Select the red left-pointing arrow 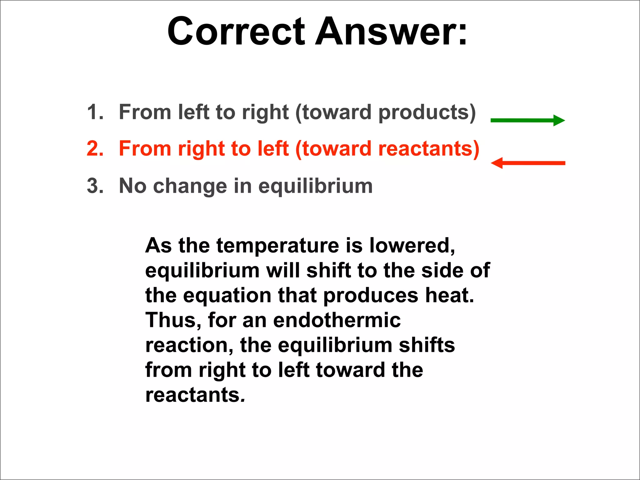(528, 163)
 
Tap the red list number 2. (94, 148)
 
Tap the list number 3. (94, 186)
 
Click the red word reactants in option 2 (425, 149)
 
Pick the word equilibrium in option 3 (316, 187)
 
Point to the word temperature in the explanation (278, 246)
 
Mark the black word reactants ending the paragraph (193, 395)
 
